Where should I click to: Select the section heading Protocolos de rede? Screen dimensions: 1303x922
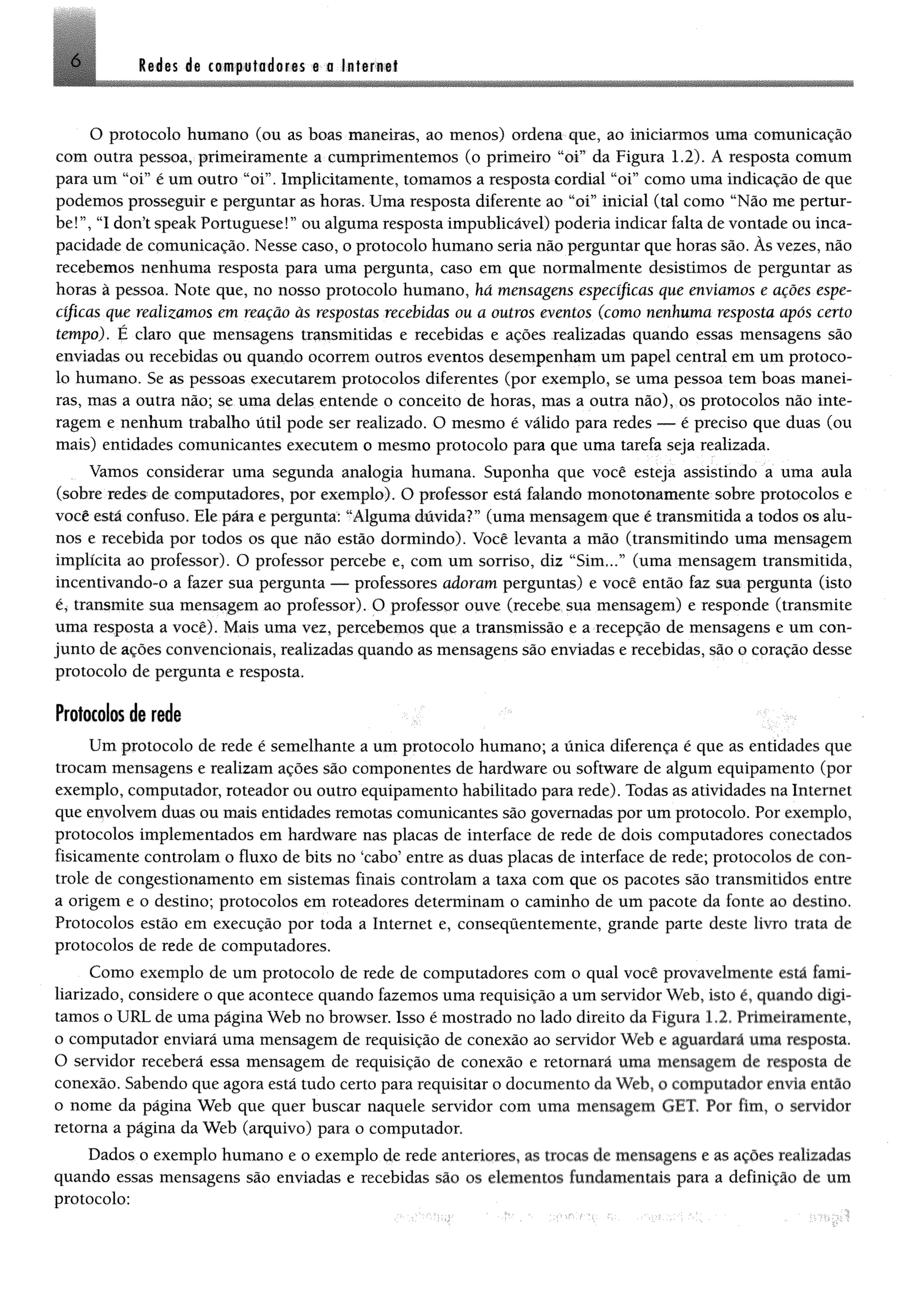pyautogui.click(x=118, y=714)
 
